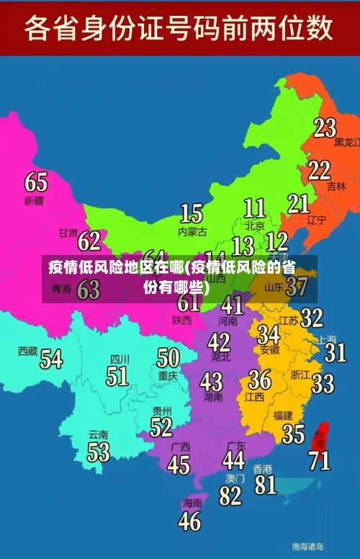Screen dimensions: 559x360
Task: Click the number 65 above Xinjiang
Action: tap(36, 181)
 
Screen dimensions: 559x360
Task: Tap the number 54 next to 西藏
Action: tap(51, 358)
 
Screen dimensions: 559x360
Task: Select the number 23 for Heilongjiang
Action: tap(325, 128)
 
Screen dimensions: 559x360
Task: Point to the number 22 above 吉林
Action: tap(319, 170)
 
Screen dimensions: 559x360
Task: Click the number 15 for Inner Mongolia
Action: tap(191, 213)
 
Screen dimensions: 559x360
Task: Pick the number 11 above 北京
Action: tap(254, 208)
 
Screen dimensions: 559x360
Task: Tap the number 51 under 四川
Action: tap(117, 375)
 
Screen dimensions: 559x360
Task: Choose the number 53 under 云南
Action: tap(99, 452)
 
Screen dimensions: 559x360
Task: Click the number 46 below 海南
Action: tap(189, 520)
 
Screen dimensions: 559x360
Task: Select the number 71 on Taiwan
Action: tap(320, 459)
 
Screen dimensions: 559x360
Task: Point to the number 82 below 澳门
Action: tap(230, 495)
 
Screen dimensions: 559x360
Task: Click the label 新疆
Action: tap(34, 200)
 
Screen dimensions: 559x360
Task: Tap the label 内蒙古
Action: tap(192, 232)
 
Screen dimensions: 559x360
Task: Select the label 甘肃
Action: tap(68, 233)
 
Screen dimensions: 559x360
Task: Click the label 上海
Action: tap(327, 338)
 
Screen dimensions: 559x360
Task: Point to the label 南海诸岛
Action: tap(307, 545)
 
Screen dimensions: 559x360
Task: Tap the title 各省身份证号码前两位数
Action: tap(179, 29)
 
